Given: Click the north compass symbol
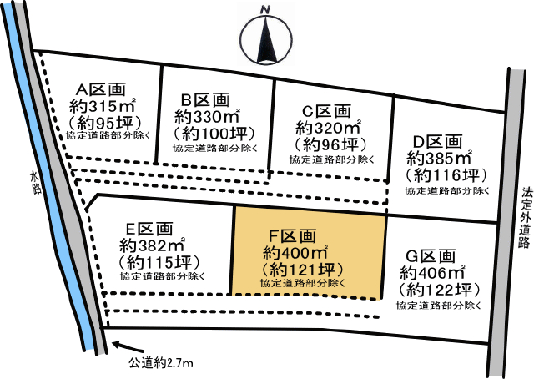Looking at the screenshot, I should coord(266,36).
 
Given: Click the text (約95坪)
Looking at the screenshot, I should coord(104,124).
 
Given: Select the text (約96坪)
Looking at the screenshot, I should coord(328,144).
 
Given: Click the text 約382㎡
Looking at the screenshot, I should coord(153,245).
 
